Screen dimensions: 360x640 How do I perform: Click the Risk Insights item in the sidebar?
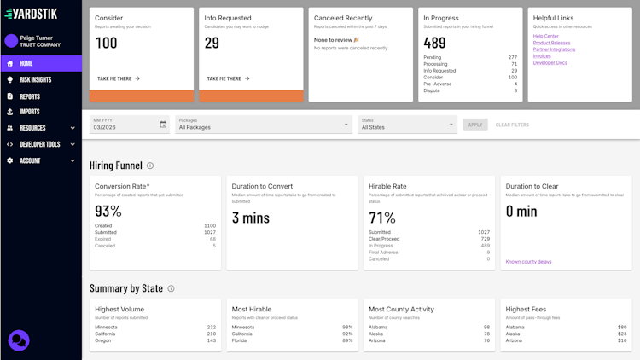(35, 79)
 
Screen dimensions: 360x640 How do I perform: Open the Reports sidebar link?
(30, 96)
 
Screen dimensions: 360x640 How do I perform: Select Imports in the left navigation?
(30, 112)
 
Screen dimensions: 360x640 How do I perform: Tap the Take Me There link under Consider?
(119, 78)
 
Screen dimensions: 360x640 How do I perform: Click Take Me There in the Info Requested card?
(228, 78)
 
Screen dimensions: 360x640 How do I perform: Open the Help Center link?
(545, 36)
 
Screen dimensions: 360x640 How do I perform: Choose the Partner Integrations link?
(554, 49)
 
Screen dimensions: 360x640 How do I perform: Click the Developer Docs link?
(550, 63)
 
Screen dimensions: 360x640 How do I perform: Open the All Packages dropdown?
(263, 125)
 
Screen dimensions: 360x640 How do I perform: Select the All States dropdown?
(407, 125)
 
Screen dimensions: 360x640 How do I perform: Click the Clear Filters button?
(512, 125)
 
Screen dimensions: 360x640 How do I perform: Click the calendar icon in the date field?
(163, 125)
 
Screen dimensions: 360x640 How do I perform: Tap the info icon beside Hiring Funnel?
(150, 165)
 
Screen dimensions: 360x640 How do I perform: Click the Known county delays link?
(528, 262)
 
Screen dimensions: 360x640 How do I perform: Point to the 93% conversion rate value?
(108, 212)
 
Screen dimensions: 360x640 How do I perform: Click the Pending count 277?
(511, 57)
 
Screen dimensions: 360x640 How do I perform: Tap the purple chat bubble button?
(19, 340)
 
